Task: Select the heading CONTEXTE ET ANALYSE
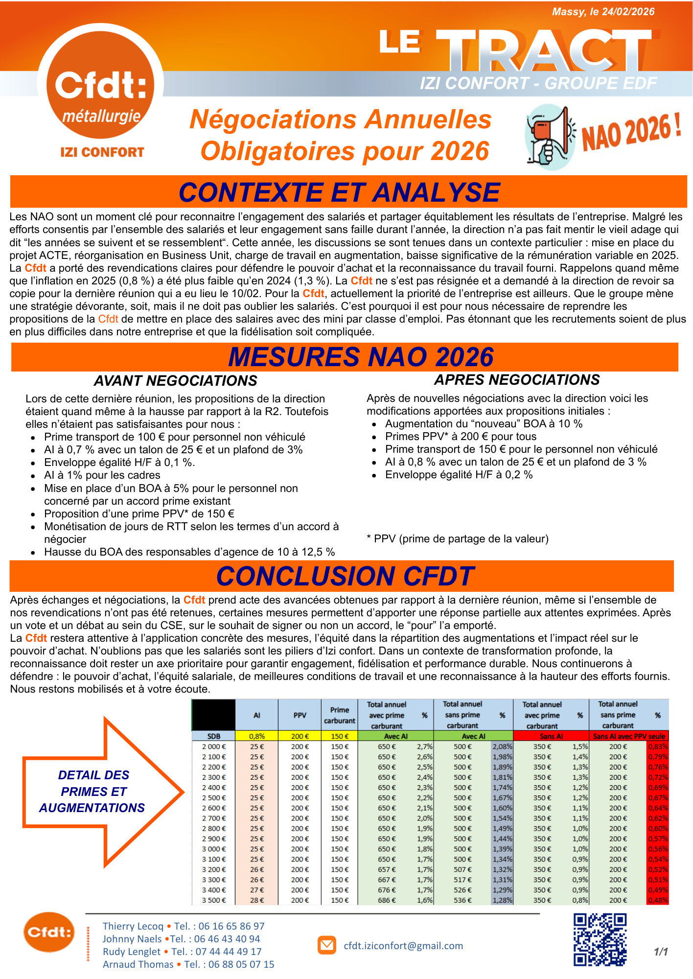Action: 339,192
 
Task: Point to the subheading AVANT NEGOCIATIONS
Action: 175,381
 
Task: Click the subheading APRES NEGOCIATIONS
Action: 517,380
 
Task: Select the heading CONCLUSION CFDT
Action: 345,576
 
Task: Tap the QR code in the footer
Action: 600,939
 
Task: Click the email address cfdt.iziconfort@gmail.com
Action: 403,946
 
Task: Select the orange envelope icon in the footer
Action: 326,945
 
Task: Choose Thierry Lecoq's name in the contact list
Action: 133,926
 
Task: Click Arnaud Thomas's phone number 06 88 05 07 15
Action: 241,964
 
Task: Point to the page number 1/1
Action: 661,952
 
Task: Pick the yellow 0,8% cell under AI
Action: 257,736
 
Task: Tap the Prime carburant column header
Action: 339,715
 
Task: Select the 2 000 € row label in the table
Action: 214,746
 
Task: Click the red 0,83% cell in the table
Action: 658,746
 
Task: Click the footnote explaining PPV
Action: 458,539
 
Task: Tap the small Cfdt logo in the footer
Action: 48,932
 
